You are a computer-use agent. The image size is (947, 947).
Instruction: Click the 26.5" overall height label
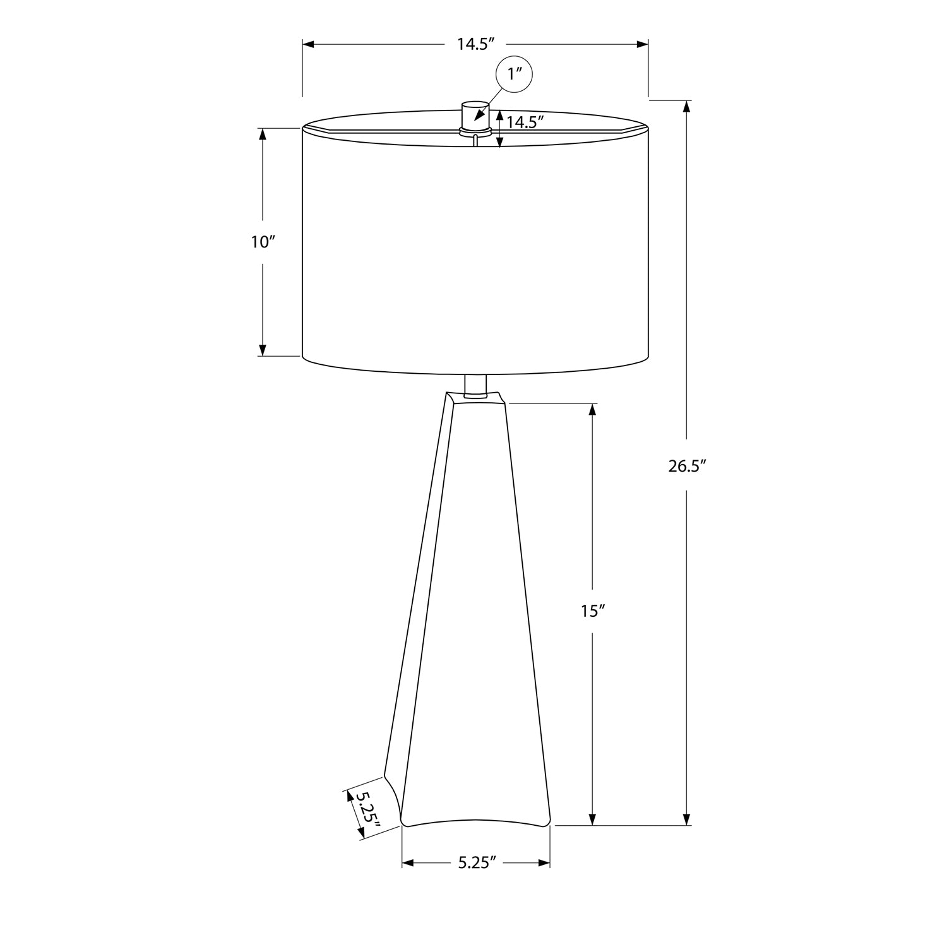pos(687,467)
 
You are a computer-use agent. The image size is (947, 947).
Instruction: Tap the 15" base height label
pos(593,611)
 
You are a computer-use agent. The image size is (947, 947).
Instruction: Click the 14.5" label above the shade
pos(475,44)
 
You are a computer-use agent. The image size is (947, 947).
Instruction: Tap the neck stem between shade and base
pos(475,385)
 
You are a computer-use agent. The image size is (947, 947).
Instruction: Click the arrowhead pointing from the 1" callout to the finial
pos(478,116)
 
